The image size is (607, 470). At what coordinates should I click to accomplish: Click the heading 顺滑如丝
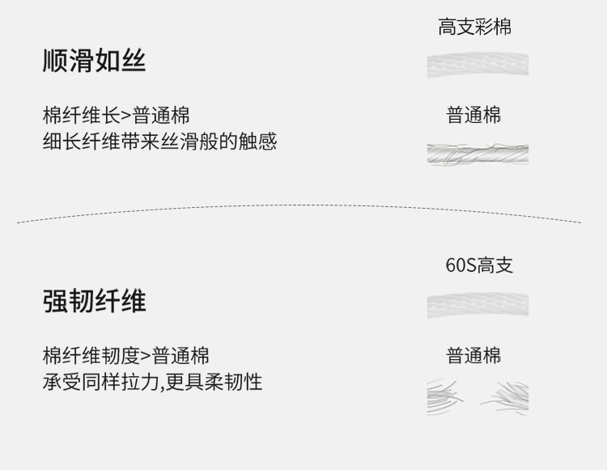click(94, 61)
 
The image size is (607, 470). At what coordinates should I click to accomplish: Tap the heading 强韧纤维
click(94, 301)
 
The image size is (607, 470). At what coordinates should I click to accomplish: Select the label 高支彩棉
click(474, 27)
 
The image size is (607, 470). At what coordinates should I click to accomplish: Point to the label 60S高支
click(479, 265)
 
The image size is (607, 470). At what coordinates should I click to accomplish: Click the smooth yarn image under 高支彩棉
click(478, 65)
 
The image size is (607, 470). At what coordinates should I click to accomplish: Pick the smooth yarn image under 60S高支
click(478, 305)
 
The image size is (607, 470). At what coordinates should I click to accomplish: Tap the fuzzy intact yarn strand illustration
click(478, 154)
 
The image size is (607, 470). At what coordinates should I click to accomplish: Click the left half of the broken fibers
click(447, 396)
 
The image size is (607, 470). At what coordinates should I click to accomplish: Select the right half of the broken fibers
click(507, 396)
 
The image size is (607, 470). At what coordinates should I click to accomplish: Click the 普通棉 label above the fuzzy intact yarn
click(474, 115)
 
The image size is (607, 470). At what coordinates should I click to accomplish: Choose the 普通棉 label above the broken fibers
click(474, 355)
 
